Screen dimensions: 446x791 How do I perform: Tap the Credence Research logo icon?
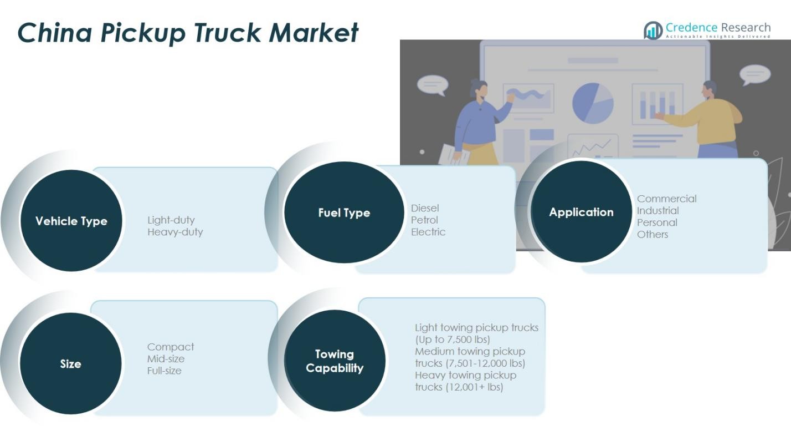click(x=653, y=30)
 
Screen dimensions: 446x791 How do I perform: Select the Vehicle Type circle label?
click(x=71, y=221)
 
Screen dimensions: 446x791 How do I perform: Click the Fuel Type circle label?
click(x=344, y=213)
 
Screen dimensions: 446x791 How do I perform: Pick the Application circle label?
click(x=581, y=212)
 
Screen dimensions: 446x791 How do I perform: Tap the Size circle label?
click(x=70, y=364)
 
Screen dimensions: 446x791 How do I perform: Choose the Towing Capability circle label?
click(x=335, y=361)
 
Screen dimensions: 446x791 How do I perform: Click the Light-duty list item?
click(x=171, y=220)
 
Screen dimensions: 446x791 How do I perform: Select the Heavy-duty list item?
click(x=175, y=232)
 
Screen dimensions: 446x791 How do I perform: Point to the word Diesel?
click(x=425, y=208)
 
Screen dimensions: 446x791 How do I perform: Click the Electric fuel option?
click(x=428, y=232)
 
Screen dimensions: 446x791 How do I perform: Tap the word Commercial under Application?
click(x=666, y=199)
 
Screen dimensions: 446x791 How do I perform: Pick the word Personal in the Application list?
click(x=657, y=222)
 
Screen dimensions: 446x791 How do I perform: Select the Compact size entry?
click(x=171, y=347)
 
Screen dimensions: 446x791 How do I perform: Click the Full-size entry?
click(x=164, y=371)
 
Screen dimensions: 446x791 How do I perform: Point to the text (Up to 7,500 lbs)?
click(x=453, y=339)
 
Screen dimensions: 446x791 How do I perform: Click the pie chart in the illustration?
click(x=593, y=103)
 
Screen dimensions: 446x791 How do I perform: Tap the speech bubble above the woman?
click(x=432, y=85)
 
